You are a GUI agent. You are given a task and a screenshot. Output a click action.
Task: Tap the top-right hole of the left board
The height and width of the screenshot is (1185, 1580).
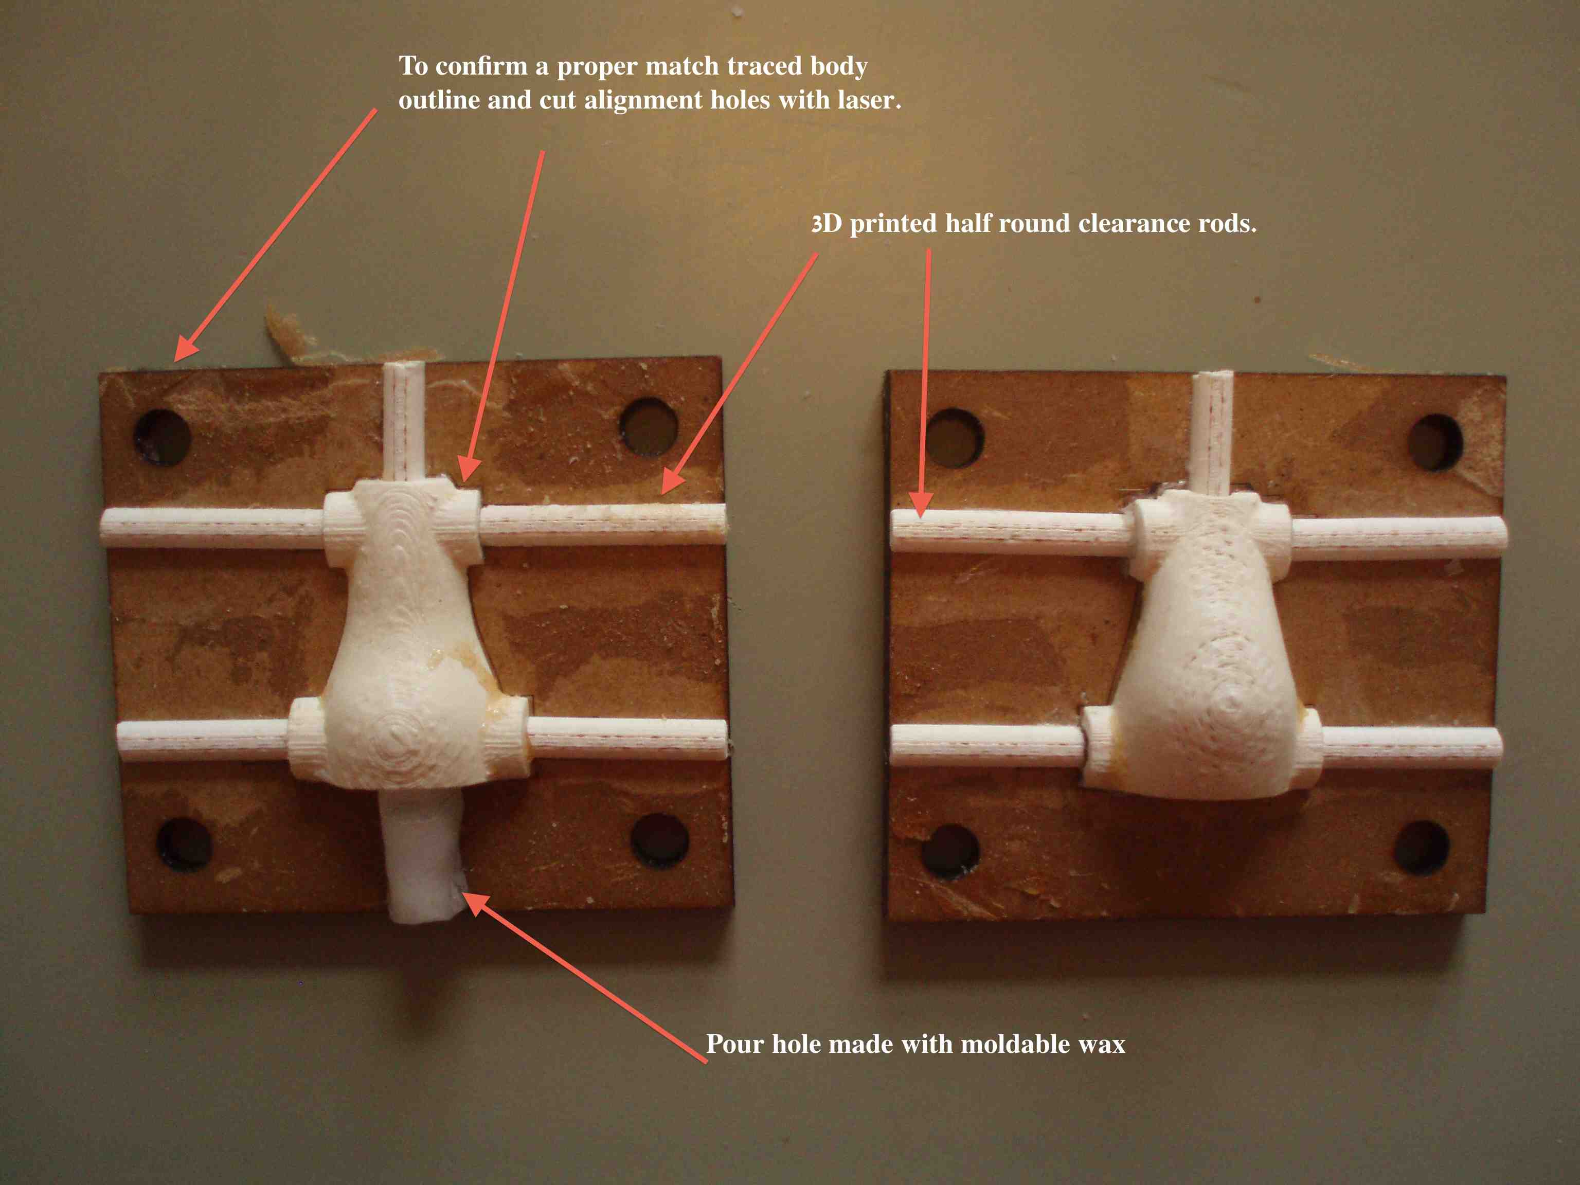coord(649,427)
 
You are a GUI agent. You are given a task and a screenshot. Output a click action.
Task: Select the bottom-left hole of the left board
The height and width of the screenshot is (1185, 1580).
coord(184,845)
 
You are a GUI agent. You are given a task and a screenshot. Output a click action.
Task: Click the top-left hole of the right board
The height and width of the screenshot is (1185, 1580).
coord(955,437)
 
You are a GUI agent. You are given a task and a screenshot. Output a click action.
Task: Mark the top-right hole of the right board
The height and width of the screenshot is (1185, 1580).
coord(1435,442)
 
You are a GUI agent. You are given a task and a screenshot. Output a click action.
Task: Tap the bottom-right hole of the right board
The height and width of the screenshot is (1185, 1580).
coord(1422,847)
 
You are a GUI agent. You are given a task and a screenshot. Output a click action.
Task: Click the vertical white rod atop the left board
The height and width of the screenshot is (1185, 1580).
coord(404,421)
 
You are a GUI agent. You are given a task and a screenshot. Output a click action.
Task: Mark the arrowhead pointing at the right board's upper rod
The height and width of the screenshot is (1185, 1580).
coord(923,504)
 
